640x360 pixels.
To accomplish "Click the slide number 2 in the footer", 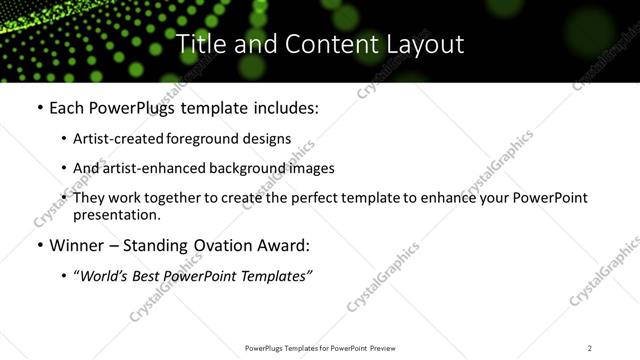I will point(589,348).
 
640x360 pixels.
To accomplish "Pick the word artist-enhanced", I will point(140,168).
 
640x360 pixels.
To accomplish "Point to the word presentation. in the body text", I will point(117,215).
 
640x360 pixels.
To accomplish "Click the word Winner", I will point(79,245).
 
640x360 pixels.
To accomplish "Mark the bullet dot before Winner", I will point(39,246).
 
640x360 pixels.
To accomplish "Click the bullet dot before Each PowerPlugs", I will point(39,108).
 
